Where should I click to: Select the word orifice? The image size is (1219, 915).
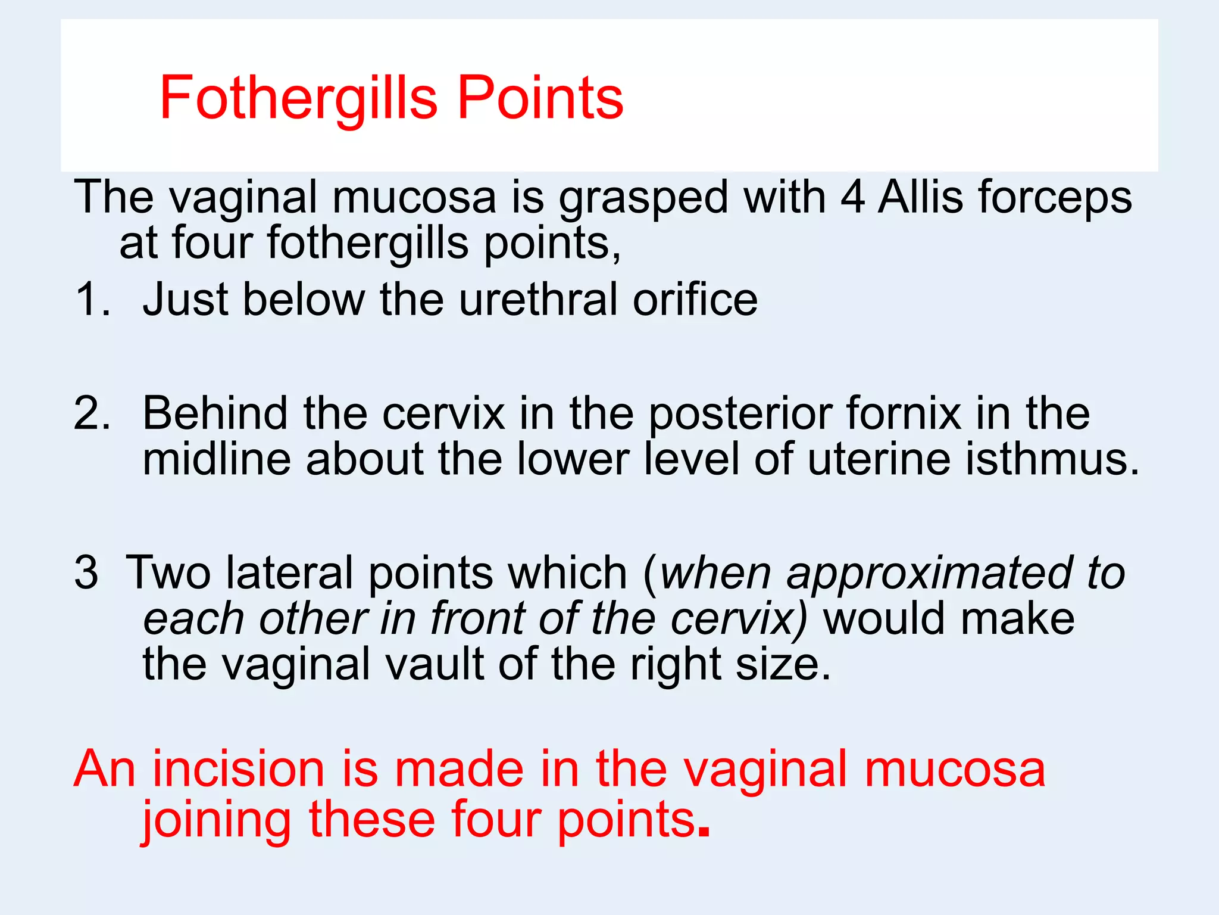[695, 299]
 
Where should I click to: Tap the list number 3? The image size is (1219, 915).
[86, 572]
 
